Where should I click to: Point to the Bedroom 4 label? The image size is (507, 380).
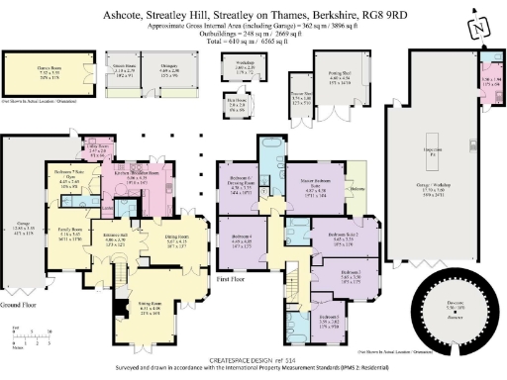point(243,238)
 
